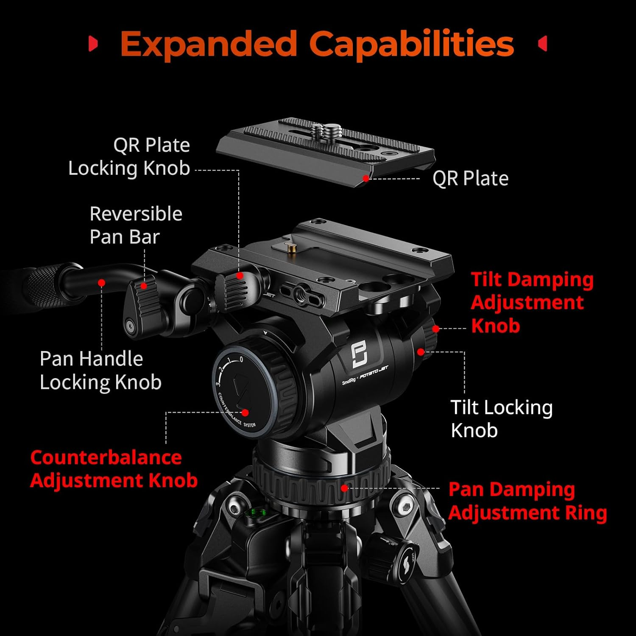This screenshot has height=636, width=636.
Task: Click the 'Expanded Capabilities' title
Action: [x=317, y=44]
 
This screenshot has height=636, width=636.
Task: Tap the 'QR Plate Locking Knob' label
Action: [x=129, y=156]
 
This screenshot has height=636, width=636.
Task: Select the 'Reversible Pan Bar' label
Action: [x=136, y=225]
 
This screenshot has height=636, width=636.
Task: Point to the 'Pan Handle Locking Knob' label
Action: [x=100, y=370]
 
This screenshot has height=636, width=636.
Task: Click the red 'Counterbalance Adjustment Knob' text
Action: [x=114, y=469]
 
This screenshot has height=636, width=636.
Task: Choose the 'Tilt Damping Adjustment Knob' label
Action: [x=532, y=302]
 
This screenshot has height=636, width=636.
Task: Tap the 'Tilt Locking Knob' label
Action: [x=501, y=418]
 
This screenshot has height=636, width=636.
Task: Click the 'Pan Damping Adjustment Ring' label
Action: [x=527, y=501]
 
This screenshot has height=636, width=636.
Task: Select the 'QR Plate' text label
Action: [x=470, y=179]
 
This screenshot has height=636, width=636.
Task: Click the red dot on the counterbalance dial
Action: [x=245, y=412]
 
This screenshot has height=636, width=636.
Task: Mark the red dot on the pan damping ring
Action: [x=344, y=488]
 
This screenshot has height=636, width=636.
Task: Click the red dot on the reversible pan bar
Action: [x=101, y=282]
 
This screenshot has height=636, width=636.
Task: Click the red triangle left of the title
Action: [x=93, y=44]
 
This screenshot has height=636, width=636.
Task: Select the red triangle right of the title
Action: [x=542, y=44]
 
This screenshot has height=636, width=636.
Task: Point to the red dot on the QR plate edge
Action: [x=365, y=179]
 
